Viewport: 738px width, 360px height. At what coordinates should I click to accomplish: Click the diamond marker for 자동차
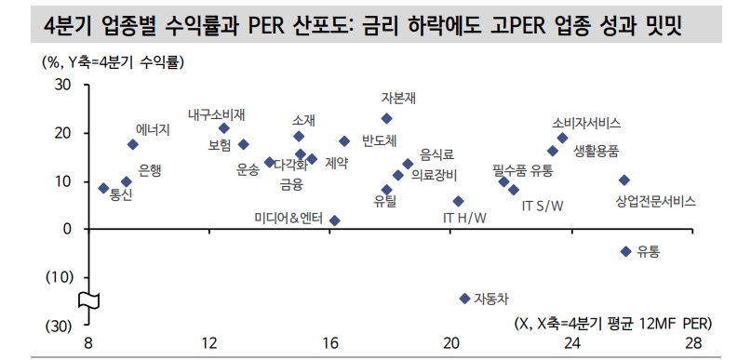click(x=464, y=299)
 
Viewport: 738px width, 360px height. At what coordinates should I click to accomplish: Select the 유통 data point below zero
click(x=625, y=252)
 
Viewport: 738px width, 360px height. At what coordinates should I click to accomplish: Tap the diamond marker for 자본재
click(x=386, y=118)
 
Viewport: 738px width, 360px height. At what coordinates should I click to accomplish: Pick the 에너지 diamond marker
click(x=133, y=144)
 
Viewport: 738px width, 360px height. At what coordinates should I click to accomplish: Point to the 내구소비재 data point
click(x=224, y=128)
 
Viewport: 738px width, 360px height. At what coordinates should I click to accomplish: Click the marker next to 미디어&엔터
click(x=335, y=220)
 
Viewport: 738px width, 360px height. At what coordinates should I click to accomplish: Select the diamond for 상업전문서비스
click(x=624, y=180)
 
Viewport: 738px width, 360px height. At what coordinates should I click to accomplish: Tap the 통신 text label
click(x=121, y=194)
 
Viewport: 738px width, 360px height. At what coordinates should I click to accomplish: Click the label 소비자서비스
click(x=586, y=124)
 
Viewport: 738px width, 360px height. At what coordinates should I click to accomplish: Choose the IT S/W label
click(x=543, y=207)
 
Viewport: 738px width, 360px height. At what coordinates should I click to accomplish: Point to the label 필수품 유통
click(x=522, y=170)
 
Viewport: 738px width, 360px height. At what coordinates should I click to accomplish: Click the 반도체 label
click(x=380, y=140)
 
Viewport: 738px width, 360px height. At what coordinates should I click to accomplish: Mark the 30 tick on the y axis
click(x=63, y=86)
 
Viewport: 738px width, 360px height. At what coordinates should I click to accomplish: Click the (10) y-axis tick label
click(x=60, y=277)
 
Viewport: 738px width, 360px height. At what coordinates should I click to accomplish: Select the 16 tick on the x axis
click(x=330, y=343)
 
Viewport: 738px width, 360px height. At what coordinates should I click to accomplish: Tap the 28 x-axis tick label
click(x=693, y=343)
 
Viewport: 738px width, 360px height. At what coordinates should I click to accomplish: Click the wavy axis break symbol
click(x=88, y=300)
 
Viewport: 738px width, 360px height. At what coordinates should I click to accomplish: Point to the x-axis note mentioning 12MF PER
click(x=613, y=324)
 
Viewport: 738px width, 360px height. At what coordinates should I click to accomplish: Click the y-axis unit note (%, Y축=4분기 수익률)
click(x=113, y=62)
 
